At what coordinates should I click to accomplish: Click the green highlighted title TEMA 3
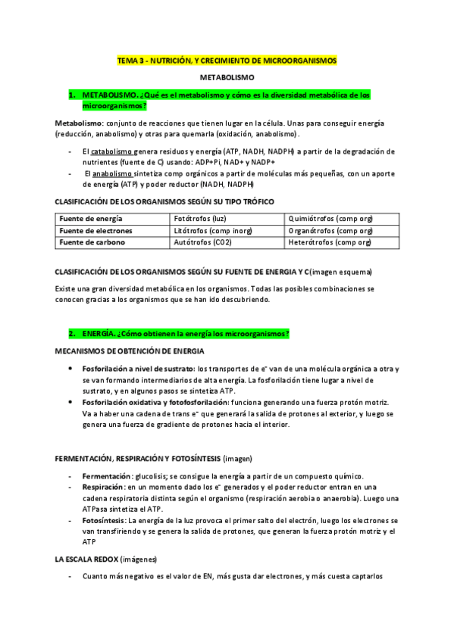pyautogui.click(x=227, y=60)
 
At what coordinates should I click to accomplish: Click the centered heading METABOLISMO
pyautogui.click(x=227, y=78)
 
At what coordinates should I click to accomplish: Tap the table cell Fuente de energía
pyautogui.click(x=86, y=219)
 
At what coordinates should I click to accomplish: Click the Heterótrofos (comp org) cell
pyautogui.click(x=330, y=243)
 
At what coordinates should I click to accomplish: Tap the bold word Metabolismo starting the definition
pyautogui.click(x=79, y=123)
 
